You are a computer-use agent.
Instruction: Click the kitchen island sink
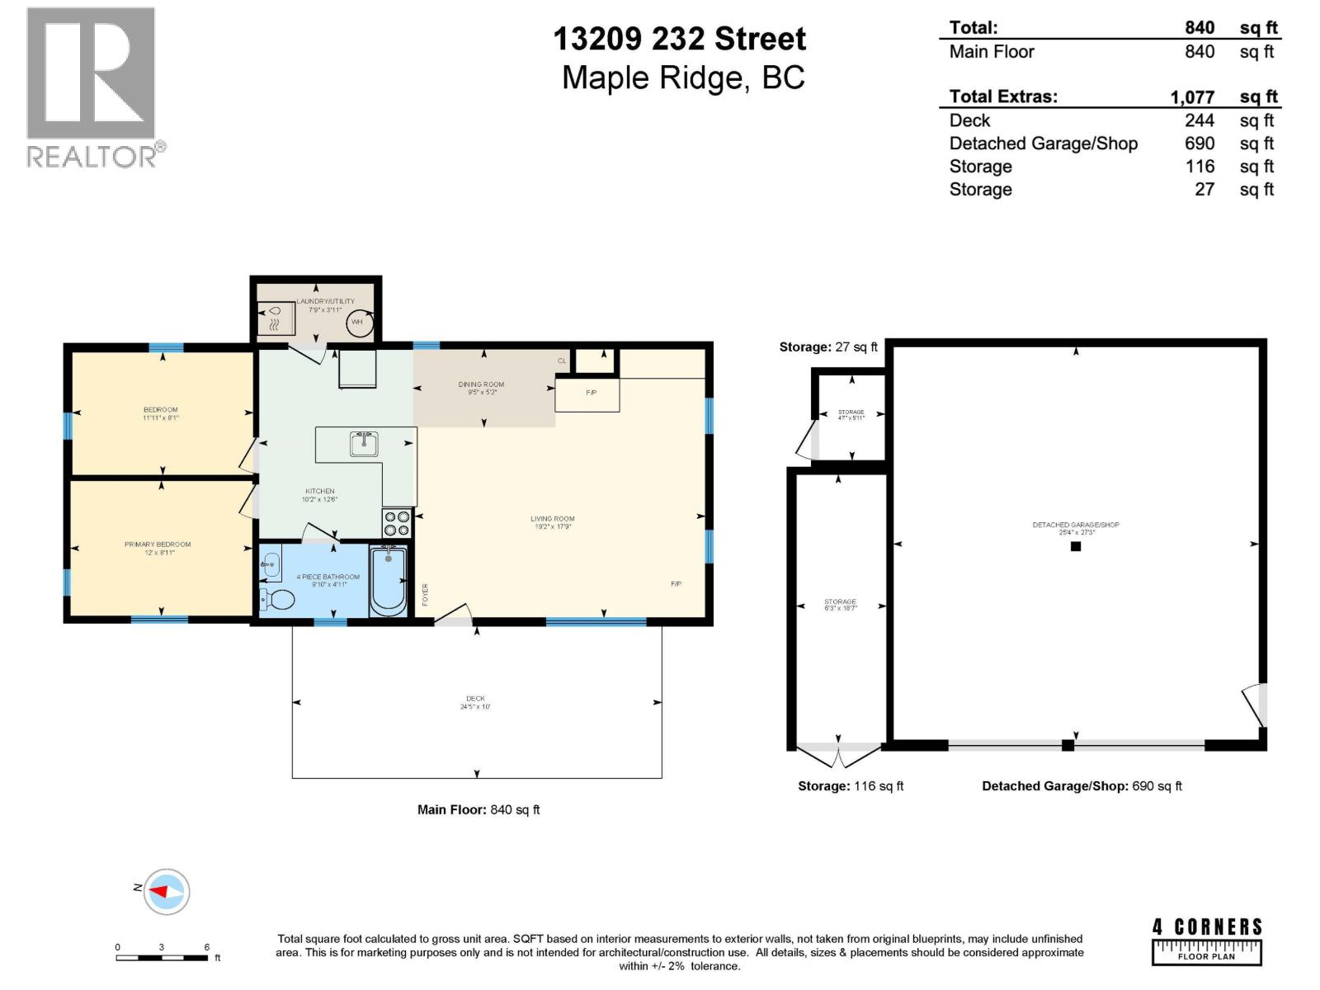click(x=364, y=444)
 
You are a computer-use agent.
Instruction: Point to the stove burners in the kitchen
click(x=396, y=523)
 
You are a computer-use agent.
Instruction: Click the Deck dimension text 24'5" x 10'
click(x=475, y=707)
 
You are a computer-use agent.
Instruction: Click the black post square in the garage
click(x=1075, y=546)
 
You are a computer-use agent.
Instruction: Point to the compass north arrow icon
click(x=166, y=891)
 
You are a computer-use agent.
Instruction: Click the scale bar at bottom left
click(x=162, y=957)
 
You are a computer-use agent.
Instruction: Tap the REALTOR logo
click(x=92, y=87)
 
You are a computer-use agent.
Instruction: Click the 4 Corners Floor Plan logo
click(x=1206, y=940)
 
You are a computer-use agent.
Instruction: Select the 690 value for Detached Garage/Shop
click(x=1200, y=144)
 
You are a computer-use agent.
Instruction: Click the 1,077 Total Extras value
click(x=1192, y=97)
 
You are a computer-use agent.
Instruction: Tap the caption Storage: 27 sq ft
click(x=828, y=347)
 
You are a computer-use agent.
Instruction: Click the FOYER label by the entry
click(x=426, y=595)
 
